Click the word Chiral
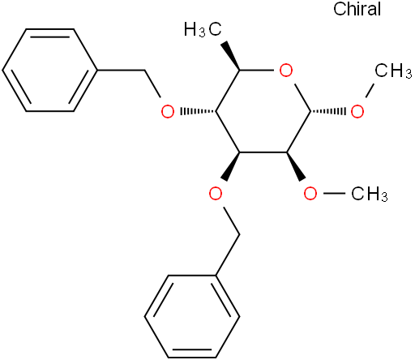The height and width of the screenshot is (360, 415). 357,9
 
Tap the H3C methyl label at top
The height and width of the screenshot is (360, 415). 203,29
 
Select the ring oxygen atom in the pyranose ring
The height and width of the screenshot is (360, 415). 286,71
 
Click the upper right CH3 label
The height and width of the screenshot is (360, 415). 393,71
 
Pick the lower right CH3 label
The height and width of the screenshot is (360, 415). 370,194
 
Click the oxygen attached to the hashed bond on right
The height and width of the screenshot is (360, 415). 357,112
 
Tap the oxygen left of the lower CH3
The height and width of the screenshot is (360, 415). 310,194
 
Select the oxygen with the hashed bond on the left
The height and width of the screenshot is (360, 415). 168,112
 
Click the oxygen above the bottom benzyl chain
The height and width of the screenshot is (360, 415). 216,194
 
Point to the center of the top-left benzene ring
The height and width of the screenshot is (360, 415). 49,71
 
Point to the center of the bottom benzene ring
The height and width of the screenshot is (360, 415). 192,316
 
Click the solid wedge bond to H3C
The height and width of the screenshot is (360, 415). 232,56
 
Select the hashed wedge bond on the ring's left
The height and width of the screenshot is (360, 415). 199,111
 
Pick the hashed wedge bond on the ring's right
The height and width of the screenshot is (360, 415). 328,111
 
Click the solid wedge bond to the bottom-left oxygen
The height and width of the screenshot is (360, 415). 231,166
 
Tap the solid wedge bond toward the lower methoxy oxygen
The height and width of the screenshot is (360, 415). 296,166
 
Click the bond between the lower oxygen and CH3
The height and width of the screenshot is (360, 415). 334,193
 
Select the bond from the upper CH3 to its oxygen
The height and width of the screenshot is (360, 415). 370,91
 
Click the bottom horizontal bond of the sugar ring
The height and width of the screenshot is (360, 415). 263,152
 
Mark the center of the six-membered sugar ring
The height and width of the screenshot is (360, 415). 263,111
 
